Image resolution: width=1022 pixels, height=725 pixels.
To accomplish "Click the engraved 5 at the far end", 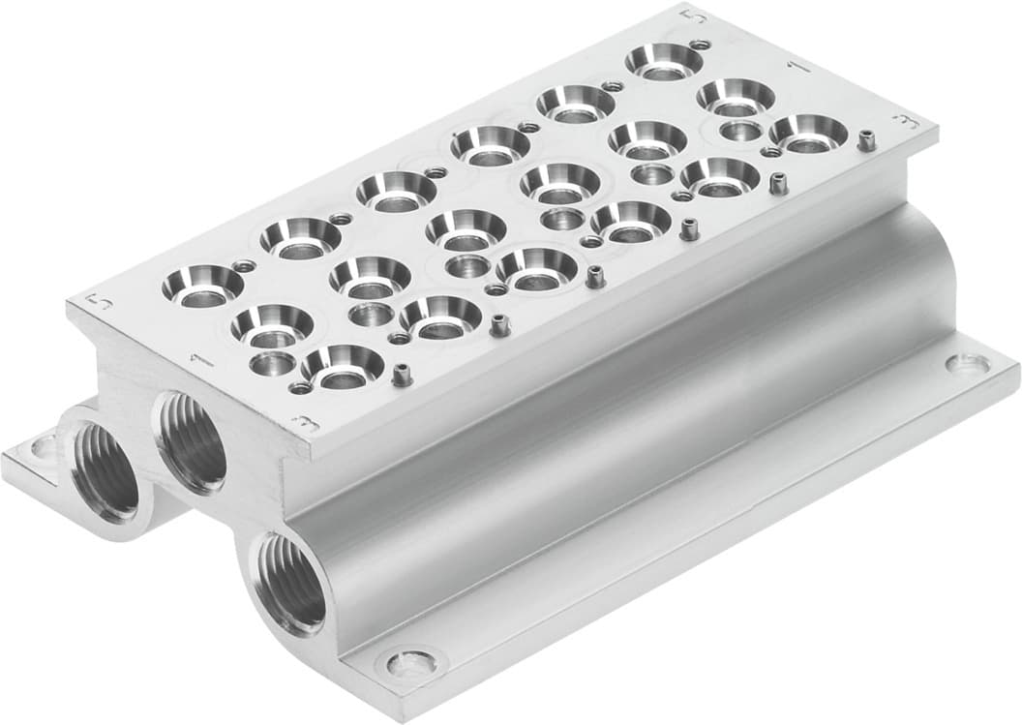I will (x=688, y=15).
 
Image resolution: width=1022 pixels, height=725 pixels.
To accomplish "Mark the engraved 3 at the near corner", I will (x=303, y=421).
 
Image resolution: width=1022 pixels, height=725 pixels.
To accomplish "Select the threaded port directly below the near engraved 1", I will (x=193, y=441).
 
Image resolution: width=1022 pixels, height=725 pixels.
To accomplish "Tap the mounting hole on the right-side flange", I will (x=967, y=365).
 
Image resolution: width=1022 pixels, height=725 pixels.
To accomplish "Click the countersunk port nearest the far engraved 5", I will (x=664, y=61).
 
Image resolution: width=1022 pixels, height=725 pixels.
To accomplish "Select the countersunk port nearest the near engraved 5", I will (x=202, y=286).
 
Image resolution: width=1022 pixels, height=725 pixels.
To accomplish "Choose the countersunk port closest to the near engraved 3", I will (x=343, y=366).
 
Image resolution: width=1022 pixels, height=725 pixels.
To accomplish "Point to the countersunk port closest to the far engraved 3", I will (x=809, y=134).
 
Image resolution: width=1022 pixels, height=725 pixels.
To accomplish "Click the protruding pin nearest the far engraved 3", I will (x=868, y=140).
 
